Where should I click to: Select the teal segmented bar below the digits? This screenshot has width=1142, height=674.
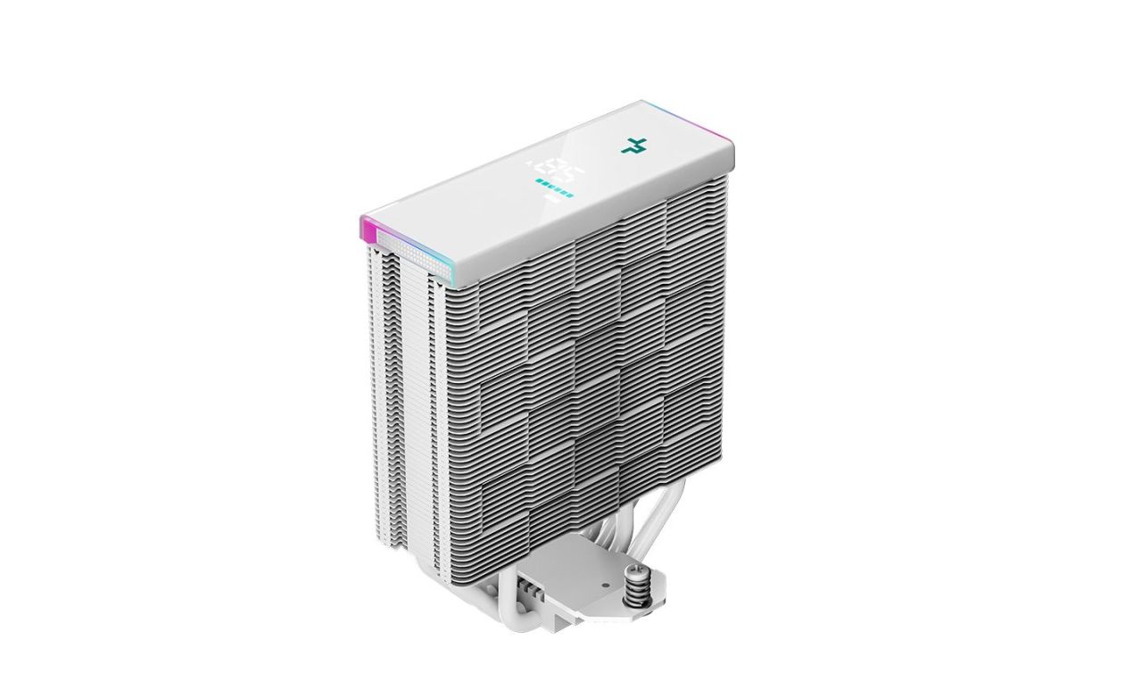coord(554,187)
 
